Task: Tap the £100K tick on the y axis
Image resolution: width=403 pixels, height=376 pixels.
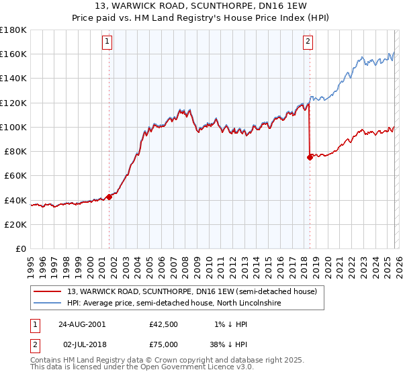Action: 13,127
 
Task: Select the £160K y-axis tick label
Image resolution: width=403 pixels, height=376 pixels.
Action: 13,54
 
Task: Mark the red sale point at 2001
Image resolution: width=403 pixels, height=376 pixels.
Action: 109,197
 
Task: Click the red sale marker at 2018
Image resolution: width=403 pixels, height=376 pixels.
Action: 310,158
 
